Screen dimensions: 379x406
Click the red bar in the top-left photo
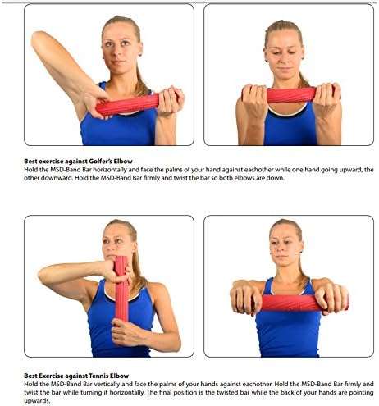coord(128,105)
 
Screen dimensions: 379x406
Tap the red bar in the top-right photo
coord(291,94)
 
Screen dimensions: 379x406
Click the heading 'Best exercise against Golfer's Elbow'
coord(78,161)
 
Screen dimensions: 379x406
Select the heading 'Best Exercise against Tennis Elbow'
coord(76,376)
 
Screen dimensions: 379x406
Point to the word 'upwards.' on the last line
coord(37,401)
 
